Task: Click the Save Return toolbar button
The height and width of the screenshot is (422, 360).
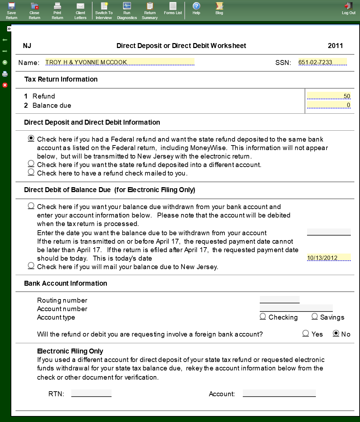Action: (11, 10)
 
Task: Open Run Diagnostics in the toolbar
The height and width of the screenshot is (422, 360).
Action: (127, 10)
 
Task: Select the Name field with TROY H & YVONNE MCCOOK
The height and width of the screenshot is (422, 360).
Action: (120, 62)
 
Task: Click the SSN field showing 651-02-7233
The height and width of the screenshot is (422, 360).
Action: (322, 62)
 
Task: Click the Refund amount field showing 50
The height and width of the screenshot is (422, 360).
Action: (329, 96)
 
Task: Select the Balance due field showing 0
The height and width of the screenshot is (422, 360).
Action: (329, 105)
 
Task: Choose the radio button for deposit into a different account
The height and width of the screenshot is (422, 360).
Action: (31, 164)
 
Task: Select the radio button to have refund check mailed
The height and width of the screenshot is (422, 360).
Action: (31, 172)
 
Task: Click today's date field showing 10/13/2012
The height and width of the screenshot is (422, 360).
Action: (329, 258)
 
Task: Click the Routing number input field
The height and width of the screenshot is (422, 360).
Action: (280, 300)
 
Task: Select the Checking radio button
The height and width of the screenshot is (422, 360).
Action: (263, 316)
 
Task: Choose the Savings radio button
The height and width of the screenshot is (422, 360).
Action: (315, 316)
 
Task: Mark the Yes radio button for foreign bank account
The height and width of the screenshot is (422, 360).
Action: (306, 333)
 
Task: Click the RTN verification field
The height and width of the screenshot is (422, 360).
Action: (91, 393)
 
